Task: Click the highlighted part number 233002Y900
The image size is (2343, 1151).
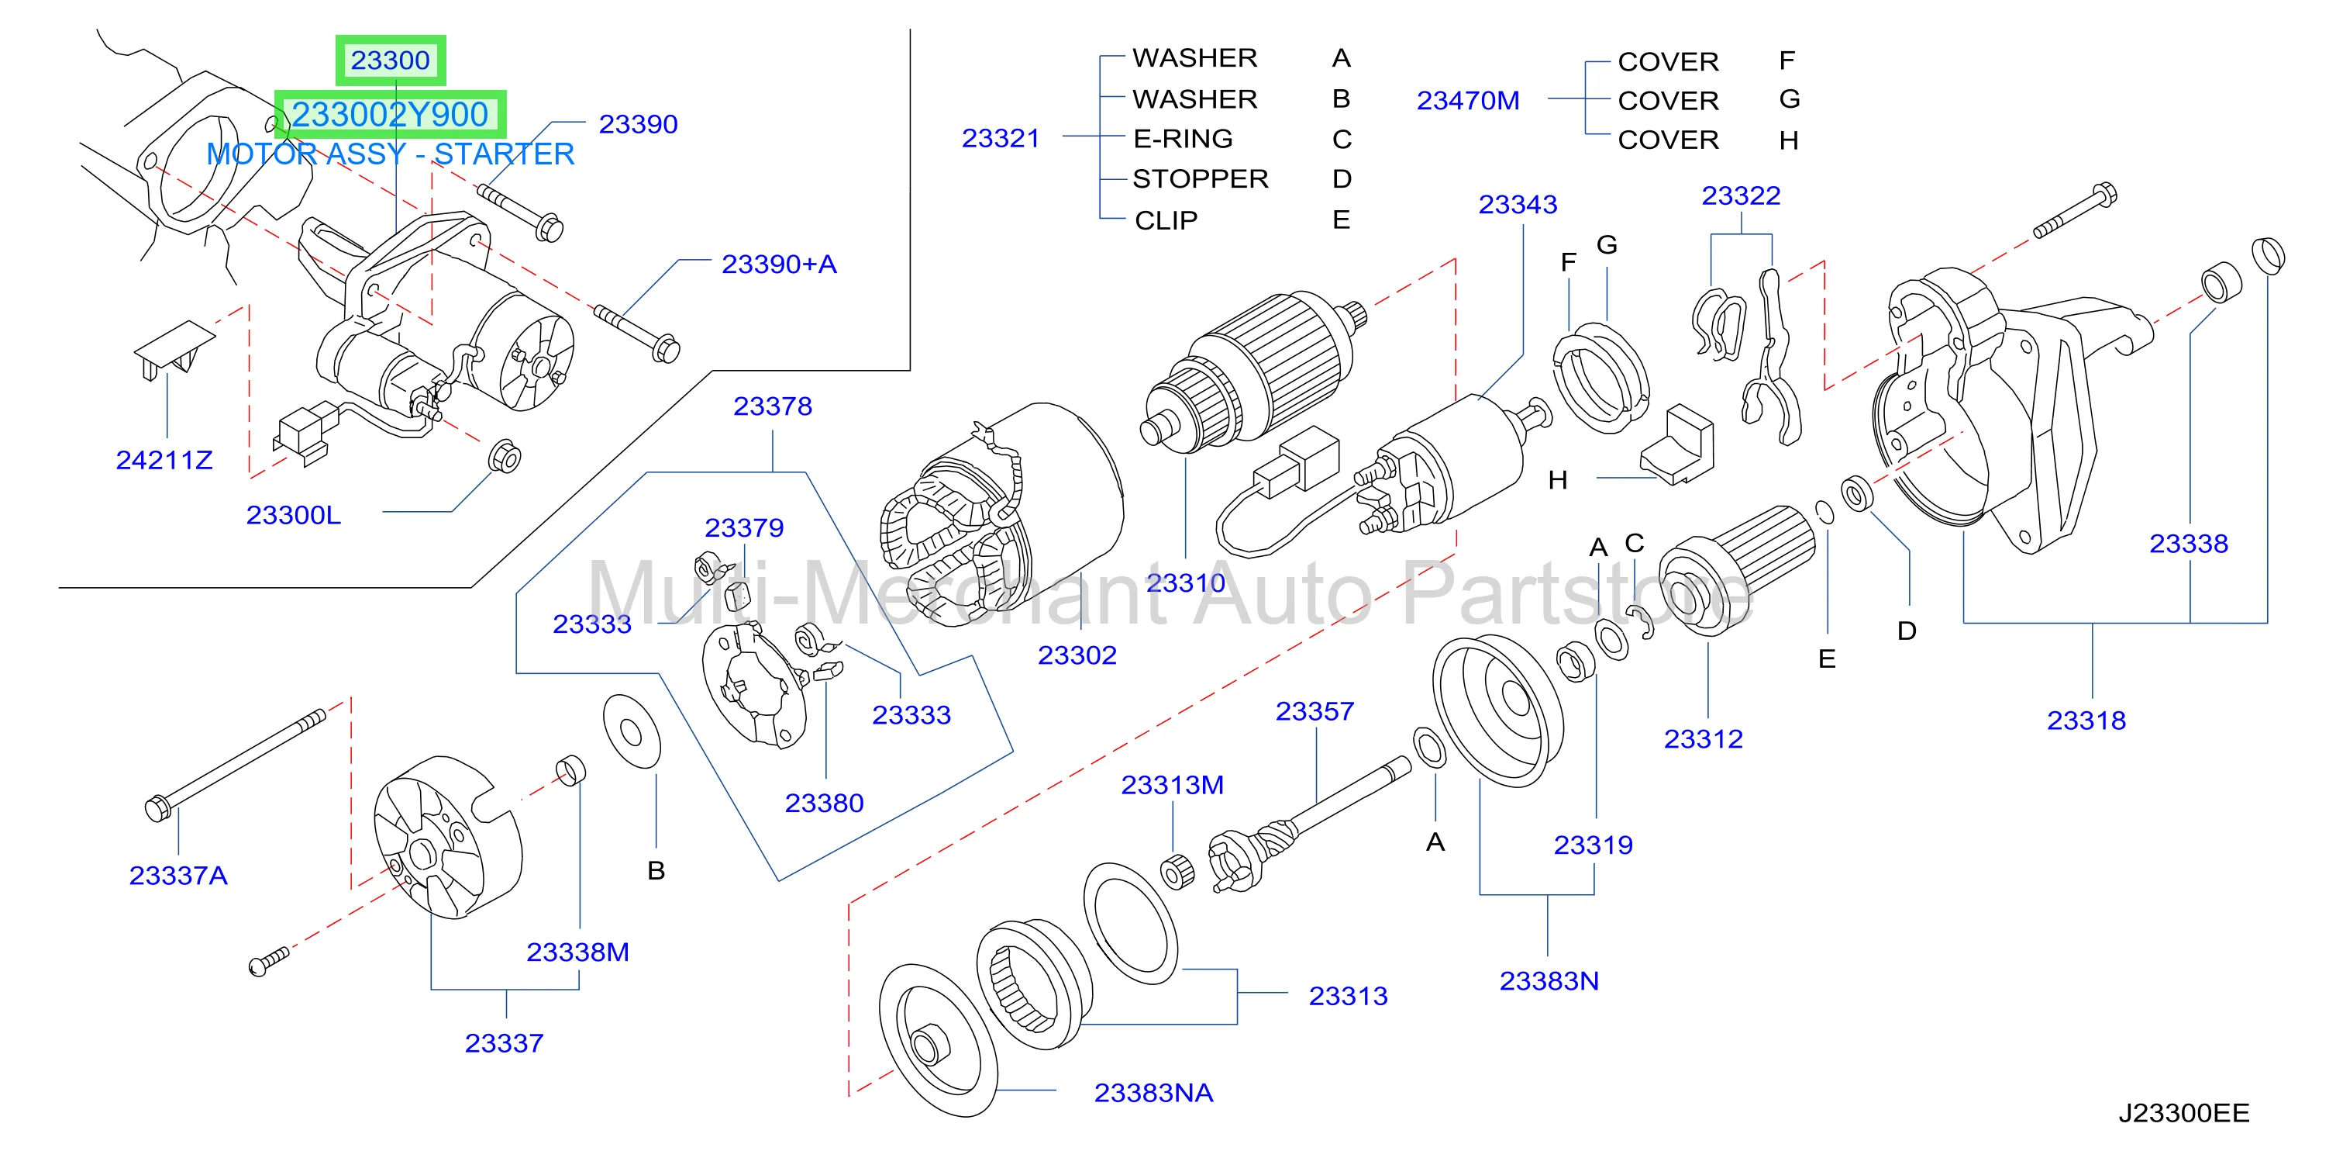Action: coord(390,115)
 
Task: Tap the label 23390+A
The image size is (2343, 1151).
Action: coord(779,264)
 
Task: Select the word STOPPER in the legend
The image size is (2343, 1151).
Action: coord(1200,179)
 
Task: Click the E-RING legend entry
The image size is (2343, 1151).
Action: coord(1183,138)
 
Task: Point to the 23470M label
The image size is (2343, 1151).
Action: coord(1467,101)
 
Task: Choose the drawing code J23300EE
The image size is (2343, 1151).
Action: coord(2184,1113)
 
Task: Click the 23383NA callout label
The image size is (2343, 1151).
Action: coord(1153,1093)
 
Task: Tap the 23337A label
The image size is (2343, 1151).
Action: coord(178,876)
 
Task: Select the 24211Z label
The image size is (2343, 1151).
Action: coord(164,461)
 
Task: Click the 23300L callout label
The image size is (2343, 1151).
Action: coord(294,515)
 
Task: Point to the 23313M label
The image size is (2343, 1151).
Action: coord(1172,784)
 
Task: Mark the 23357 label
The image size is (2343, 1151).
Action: coord(1314,710)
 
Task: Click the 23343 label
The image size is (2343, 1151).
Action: coord(1517,204)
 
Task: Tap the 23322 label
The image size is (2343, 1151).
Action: coord(1741,195)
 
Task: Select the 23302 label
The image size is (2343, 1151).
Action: coord(1077,655)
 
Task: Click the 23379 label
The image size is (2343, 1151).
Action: coord(744,527)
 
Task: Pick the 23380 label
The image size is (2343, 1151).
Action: coord(824,803)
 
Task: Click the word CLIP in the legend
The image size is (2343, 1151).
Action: coord(1166,220)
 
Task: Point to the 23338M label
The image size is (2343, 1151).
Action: coord(577,952)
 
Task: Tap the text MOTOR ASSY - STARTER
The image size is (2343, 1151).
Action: coord(390,154)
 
